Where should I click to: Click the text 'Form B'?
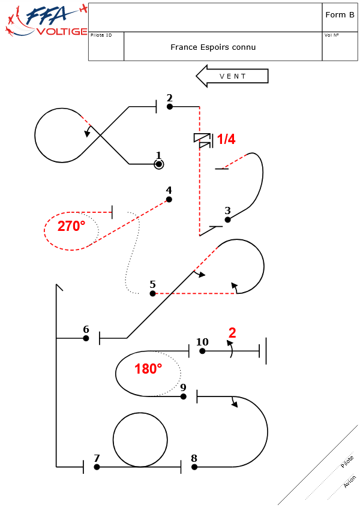click(340, 15)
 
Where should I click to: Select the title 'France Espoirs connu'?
click(213, 47)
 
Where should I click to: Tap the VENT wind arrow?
click(232, 76)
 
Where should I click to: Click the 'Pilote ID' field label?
click(101, 35)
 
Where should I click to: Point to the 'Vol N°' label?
click(331, 35)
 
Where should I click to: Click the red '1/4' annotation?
click(226, 140)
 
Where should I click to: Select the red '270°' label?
click(71, 226)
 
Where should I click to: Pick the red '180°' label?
click(148, 369)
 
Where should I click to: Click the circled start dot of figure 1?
click(158, 164)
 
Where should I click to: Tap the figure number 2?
click(169, 98)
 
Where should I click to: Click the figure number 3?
click(227, 211)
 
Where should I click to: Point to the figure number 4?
click(169, 190)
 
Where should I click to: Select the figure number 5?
click(152, 284)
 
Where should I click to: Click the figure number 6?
click(86, 329)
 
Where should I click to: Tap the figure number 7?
click(97, 458)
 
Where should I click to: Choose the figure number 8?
click(194, 458)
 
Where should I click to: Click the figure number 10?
click(202, 342)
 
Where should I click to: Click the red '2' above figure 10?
click(232, 333)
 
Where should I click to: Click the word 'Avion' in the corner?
click(349, 482)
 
